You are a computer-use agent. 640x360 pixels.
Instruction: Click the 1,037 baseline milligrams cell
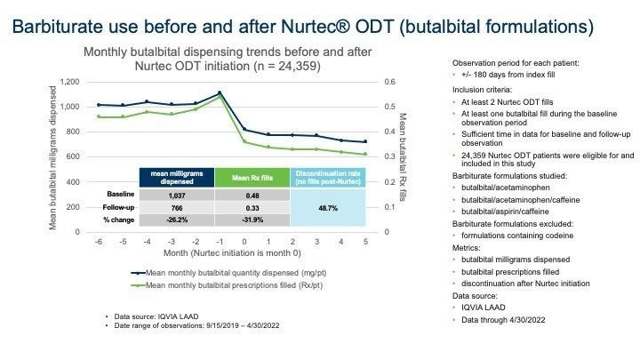pyautogui.click(x=177, y=194)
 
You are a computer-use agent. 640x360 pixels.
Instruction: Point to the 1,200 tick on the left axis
pyautogui.click(x=68, y=82)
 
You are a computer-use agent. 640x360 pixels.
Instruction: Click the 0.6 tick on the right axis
pyautogui.click(x=389, y=82)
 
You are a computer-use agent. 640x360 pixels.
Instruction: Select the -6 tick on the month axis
pyautogui.click(x=98, y=241)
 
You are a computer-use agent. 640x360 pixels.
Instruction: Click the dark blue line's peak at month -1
pyautogui.click(x=220, y=92)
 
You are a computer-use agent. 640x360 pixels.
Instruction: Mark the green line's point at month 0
pyautogui.click(x=244, y=140)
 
